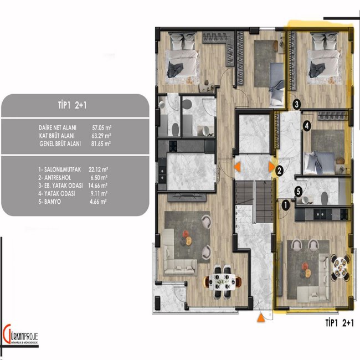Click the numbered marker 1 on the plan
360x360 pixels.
pyautogui.click(x=285, y=204)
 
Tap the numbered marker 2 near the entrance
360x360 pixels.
pyautogui.click(x=280, y=171)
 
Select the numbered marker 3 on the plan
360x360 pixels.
pyautogui.click(x=297, y=103)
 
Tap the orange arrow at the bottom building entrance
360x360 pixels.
pyautogui.click(x=260, y=318)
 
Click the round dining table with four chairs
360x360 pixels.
pyautogui.click(x=340, y=266)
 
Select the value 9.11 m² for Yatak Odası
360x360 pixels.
pyautogui.click(x=97, y=194)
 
